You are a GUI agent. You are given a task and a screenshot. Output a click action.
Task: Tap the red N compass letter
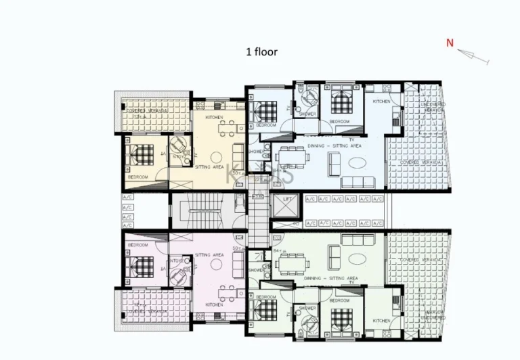pos(450,43)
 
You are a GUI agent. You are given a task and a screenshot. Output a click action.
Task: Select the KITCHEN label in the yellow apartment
pos(215,118)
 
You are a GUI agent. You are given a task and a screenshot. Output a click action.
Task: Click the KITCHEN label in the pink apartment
pos(214,305)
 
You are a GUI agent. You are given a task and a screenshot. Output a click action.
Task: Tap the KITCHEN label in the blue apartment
pos(381,101)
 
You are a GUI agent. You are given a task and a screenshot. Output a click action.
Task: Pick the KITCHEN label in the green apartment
pos(381,321)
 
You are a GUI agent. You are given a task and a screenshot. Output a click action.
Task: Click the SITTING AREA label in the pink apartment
pos(209,255)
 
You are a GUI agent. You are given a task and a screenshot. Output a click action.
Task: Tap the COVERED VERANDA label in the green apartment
pos(418,259)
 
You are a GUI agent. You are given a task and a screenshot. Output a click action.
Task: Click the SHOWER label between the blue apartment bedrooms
pos(307,114)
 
